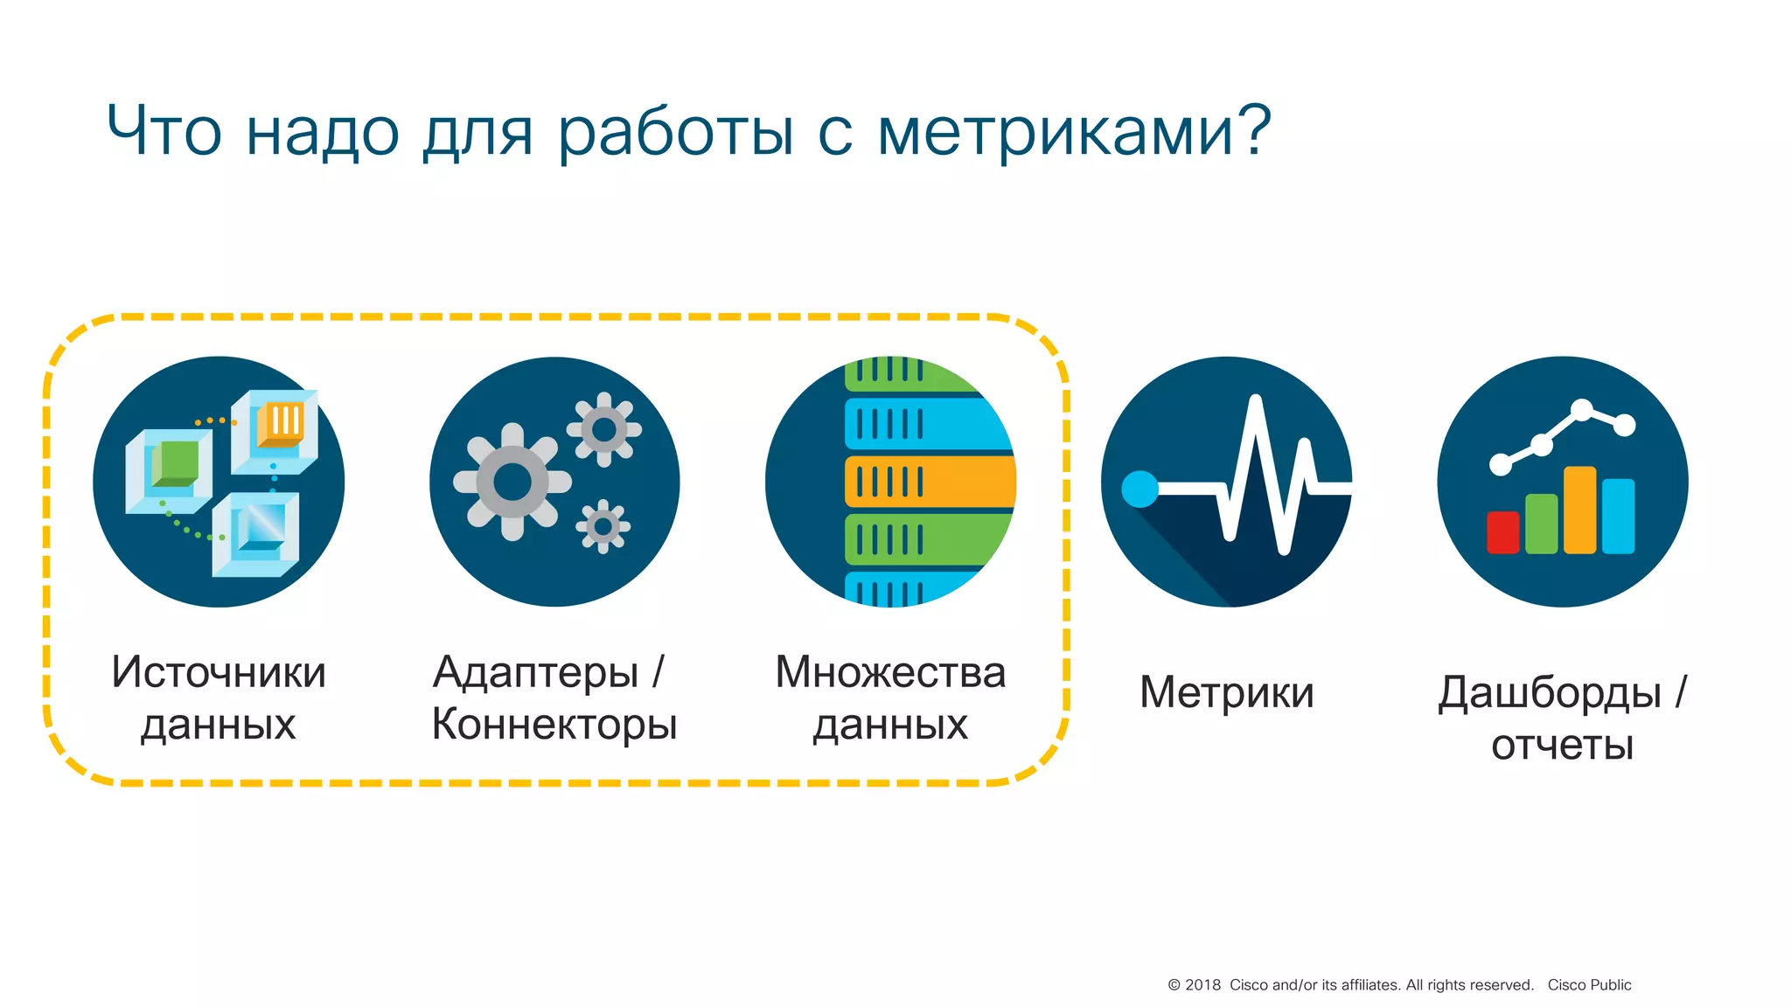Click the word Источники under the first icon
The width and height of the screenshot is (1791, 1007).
click(219, 672)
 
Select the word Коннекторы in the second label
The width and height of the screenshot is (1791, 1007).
click(554, 726)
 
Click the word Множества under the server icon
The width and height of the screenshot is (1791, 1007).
click(890, 672)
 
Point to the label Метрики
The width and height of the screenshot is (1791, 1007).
click(1227, 692)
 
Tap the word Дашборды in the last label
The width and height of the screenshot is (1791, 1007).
click(1550, 692)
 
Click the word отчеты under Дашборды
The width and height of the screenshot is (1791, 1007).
click(1562, 746)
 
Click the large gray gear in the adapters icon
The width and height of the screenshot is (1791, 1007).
click(512, 482)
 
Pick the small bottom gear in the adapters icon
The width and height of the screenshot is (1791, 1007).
click(603, 526)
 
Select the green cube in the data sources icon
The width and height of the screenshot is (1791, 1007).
click(176, 463)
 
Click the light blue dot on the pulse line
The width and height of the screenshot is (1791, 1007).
click(1139, 489)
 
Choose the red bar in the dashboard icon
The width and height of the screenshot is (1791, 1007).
click(1502, 532)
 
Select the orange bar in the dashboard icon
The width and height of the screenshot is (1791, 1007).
click(1579, 510)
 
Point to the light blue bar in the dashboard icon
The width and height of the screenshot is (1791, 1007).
click(1618, 516)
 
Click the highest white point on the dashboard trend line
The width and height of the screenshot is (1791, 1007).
click(1581, 409)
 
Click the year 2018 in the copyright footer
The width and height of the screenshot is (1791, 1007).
click(1202, 985)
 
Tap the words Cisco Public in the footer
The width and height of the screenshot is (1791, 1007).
click(1589, 985)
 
